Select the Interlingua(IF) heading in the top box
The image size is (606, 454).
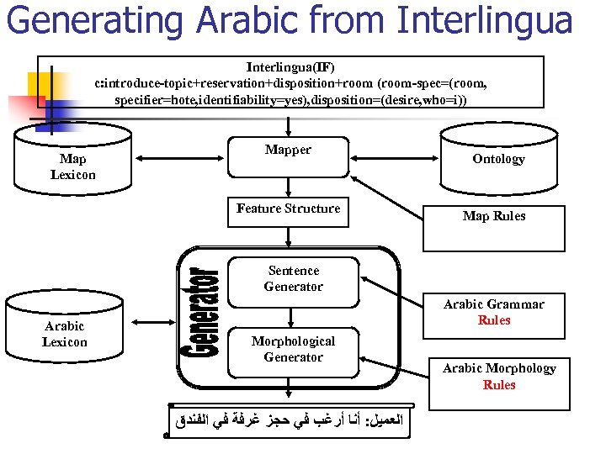coord(289,66)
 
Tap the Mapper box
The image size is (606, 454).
coord(288,156)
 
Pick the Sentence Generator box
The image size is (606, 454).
coord(293,279)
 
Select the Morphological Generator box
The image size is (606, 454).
coord(293,350)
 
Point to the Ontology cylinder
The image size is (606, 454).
coord(498,159)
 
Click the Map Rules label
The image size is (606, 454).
coord(494,216)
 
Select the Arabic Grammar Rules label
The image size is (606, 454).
coord(494,312)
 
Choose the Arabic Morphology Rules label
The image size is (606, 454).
coord(499,376)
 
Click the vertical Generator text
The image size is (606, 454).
coord(201,313)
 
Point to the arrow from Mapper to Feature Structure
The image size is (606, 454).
coord(289,188)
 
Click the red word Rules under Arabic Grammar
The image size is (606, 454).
coord(494,320)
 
